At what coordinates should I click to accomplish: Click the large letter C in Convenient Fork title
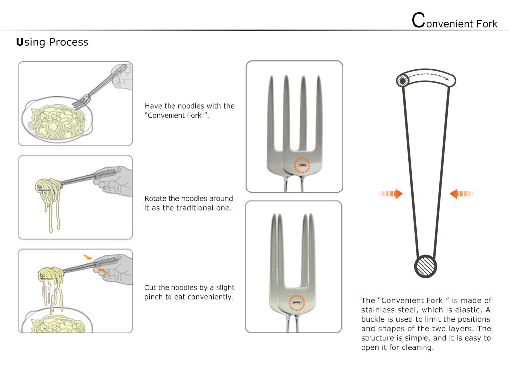pos(419,20)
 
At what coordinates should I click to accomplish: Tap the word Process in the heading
pos(69,42)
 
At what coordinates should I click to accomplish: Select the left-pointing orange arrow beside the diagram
pos(462,194)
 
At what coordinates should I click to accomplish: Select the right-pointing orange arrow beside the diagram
pos(391,194)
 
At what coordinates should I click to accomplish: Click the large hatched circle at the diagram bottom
pos(425,266)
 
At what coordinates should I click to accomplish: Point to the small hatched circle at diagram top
pos(403,80)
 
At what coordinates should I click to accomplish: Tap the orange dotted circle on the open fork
pos(302,165)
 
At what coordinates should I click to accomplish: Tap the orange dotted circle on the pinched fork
pos(297,303)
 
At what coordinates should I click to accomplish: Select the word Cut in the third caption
pos(150,287)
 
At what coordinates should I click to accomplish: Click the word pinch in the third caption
pos(154,297)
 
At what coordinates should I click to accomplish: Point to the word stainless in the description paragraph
pos(377,310)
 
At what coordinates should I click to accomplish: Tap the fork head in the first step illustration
pos(81,101)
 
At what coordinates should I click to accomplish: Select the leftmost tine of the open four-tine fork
pos(271,114)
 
